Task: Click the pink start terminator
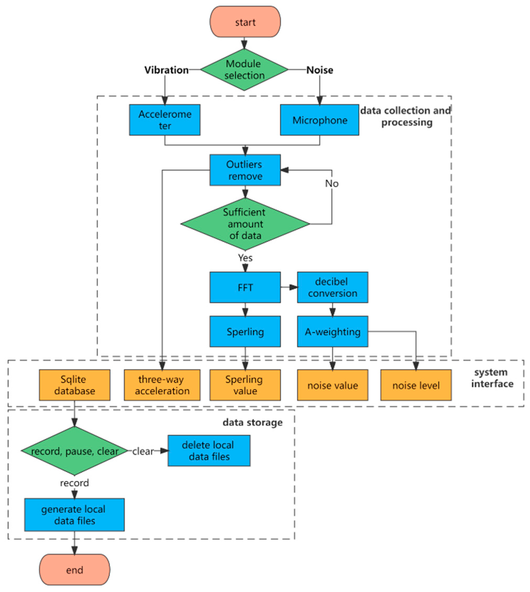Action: pos(245,22)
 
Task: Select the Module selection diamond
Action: pos(244,70)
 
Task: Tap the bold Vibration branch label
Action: pos(166,70)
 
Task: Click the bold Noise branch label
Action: pos(319,70)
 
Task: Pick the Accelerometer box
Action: pos(165,120)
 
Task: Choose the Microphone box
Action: pos(319,120)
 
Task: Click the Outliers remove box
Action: pos(245,170)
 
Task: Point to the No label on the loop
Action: pos(332,184)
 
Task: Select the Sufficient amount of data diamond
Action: pos(245,224)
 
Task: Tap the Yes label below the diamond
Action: pos(245,258)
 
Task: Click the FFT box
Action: pos(245,287)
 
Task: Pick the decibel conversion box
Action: pos(332,287)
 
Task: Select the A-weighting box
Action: pos(332,331)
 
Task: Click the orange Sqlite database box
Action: pos(75,385)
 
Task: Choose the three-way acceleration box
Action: pos(162,385)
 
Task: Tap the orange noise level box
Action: pos(416,385)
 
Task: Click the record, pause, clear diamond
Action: pos(75,451)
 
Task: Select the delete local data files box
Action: pos(209,451)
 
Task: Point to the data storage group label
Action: pos(253,422)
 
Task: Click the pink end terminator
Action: pos(75,570)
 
